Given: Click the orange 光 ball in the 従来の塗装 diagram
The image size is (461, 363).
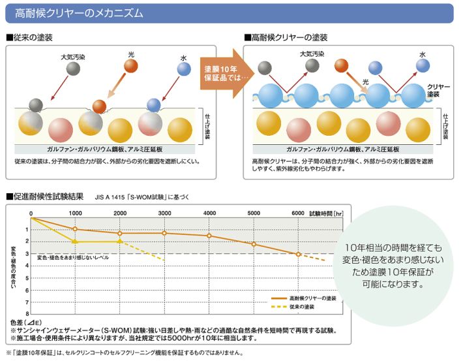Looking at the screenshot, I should (131, 66).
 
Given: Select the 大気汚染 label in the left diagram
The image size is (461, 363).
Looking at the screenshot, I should (72, 55).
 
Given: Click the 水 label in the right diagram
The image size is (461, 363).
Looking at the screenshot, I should (423, 54).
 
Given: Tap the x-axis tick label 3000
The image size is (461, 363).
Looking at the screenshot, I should (164, 213).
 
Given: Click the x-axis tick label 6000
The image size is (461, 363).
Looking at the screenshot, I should (298, 213).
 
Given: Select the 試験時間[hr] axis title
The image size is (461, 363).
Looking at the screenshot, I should (326, 213).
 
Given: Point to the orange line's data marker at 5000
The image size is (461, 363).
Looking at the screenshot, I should (254, 244).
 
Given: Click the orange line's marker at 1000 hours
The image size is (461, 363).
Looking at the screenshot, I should (75, 229).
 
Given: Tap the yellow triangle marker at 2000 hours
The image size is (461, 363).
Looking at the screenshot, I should (119, 242).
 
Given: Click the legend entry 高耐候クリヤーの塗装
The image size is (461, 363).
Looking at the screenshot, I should (312, 298).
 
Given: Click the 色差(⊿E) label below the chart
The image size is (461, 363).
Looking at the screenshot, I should (26, 323).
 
